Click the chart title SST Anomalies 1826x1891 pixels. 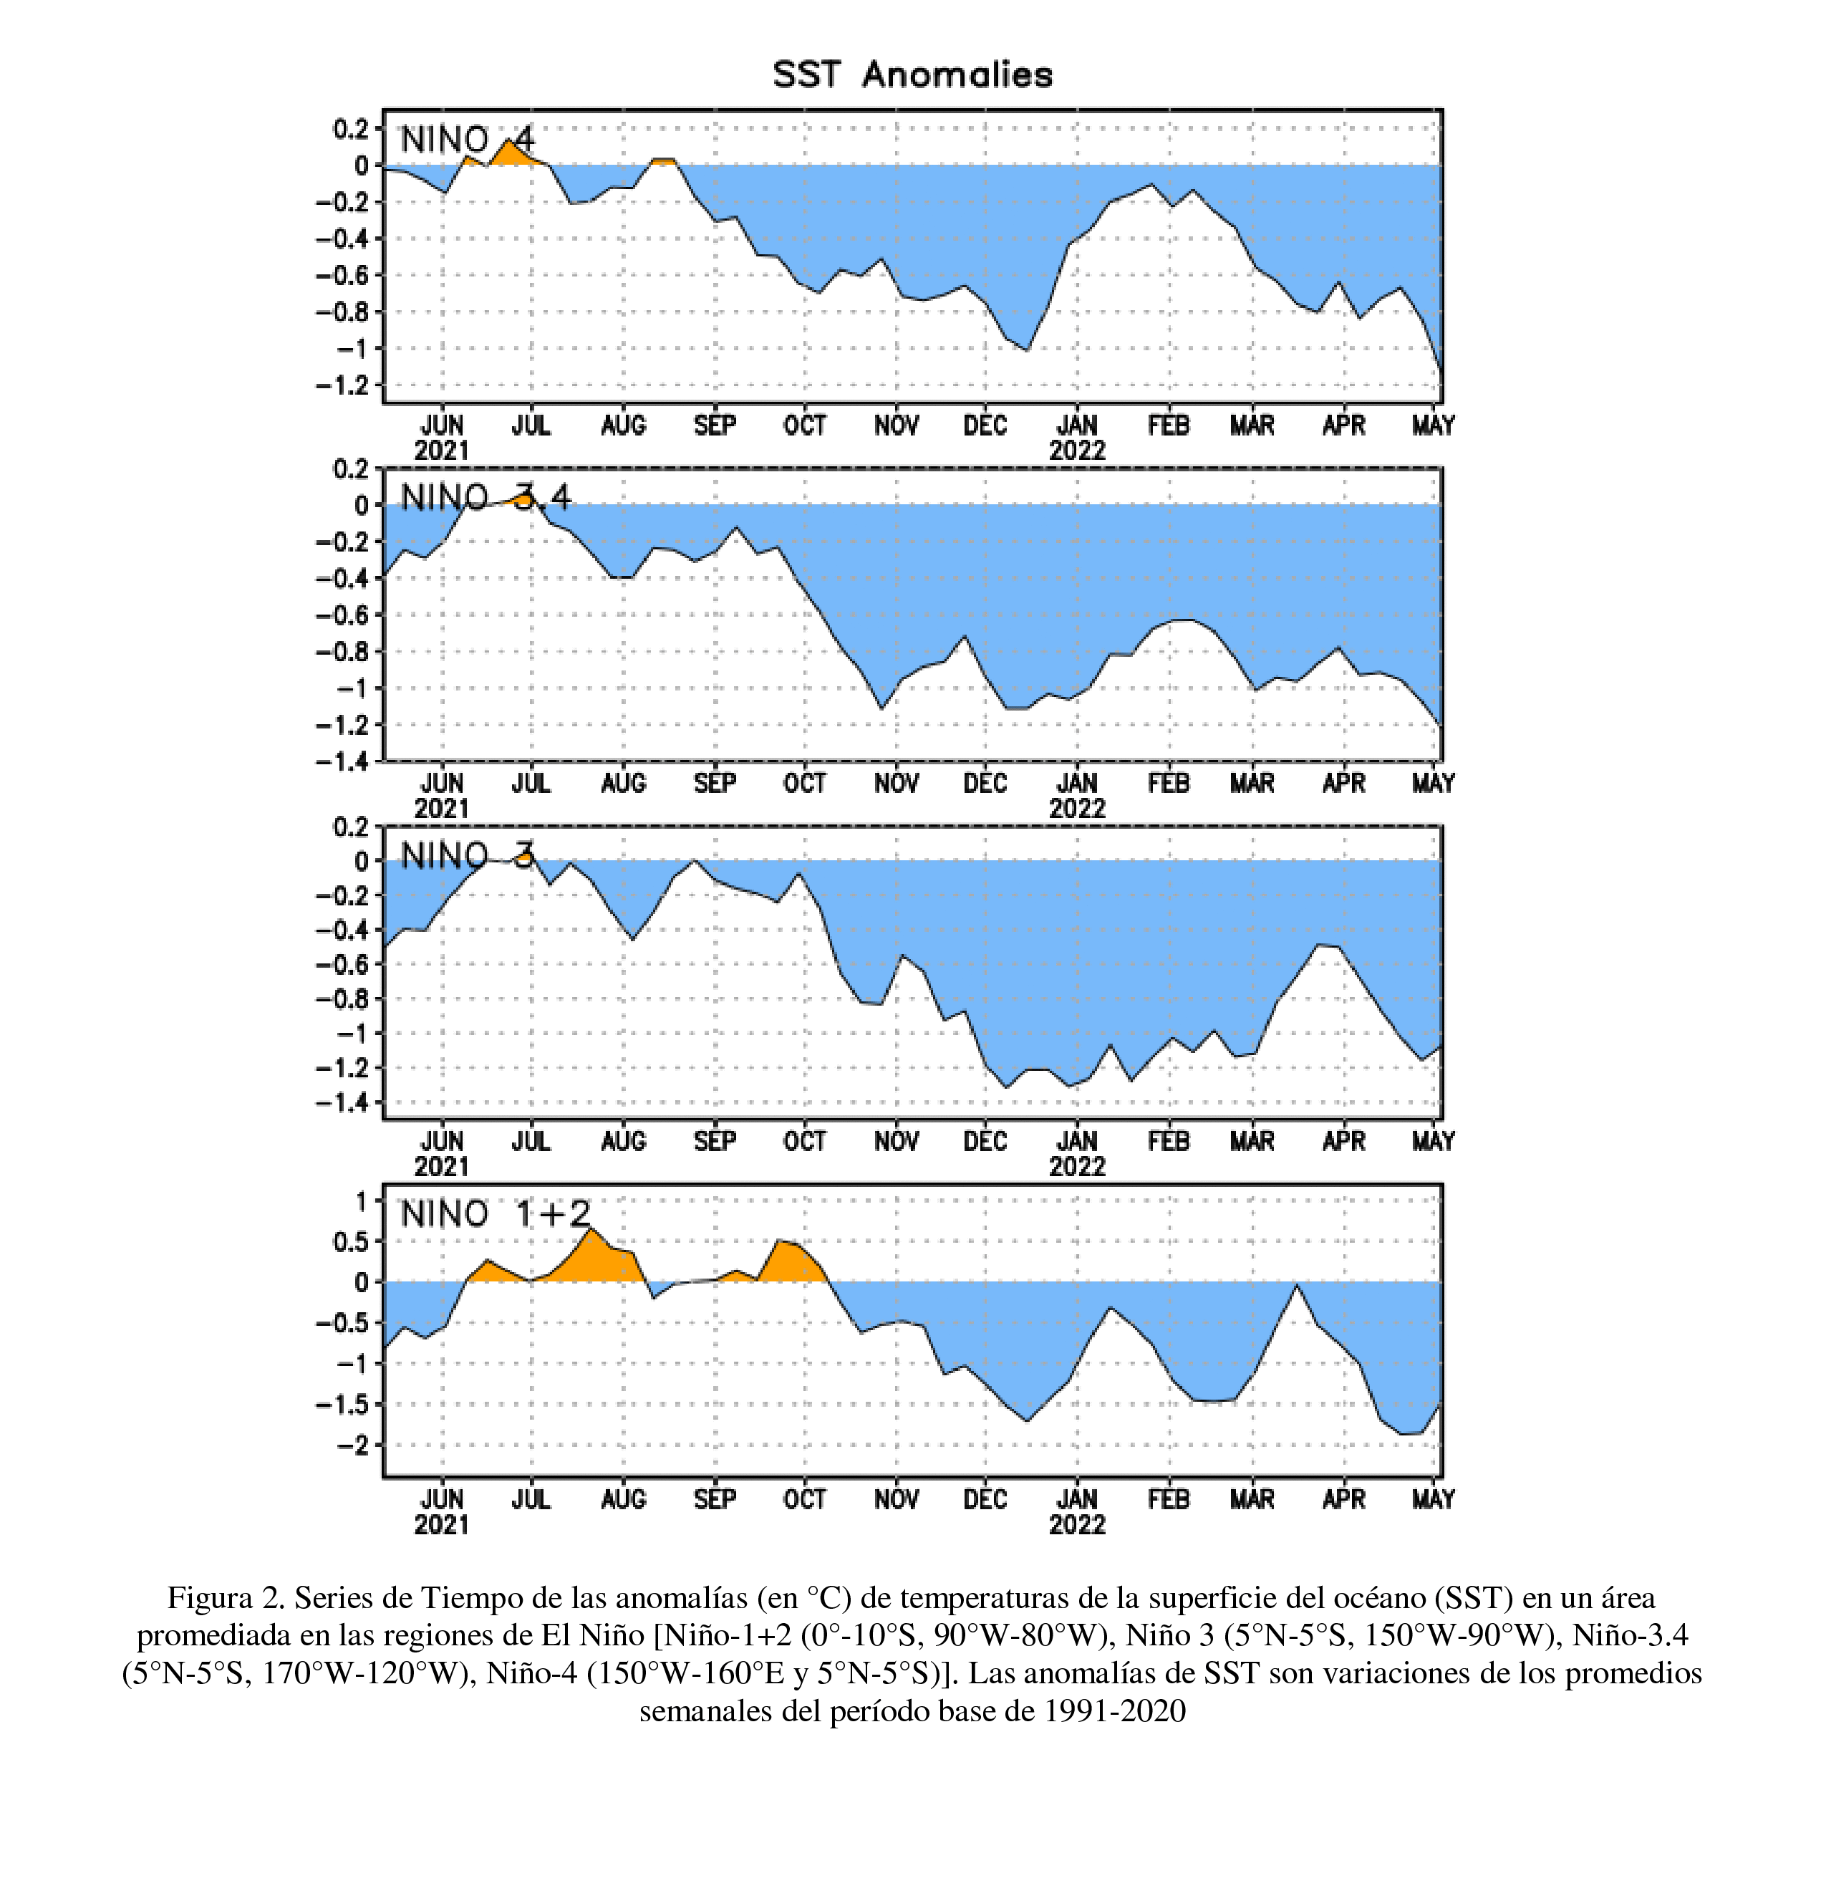click(x=912, y=74)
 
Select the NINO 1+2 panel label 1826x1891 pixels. click(x=495, y=1213)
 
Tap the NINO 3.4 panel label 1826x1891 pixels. click(x=486, y=498)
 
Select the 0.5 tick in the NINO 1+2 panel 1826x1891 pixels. click(x=350, y=1241)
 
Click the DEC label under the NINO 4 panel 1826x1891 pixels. click(x=985, y=425)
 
